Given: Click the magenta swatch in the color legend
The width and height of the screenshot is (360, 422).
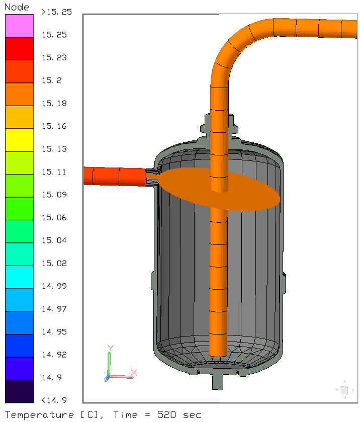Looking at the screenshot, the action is [20, 26].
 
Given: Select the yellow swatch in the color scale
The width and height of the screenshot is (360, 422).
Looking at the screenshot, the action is [20, 140].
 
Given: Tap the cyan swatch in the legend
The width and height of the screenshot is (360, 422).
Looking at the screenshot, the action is [20, 277].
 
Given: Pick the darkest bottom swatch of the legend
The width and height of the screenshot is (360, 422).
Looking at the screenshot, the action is [20, 391].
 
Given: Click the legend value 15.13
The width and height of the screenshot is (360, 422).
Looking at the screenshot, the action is [54, 149].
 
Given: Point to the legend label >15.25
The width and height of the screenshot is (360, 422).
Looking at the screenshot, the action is [56, 12].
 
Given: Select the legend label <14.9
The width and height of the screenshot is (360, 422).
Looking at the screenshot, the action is [54, 400].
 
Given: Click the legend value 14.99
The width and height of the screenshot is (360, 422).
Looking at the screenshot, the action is [54, 286].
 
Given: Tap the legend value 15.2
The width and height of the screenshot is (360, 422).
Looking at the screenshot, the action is [52, 80].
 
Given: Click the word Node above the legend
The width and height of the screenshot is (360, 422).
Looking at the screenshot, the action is [17, 7].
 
